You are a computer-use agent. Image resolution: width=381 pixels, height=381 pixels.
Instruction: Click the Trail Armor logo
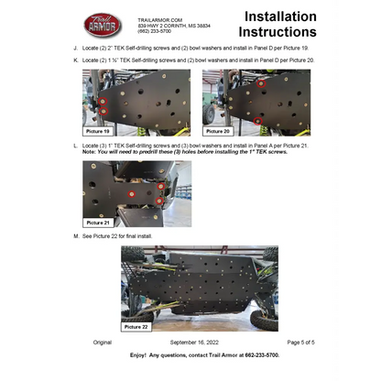[103, 24]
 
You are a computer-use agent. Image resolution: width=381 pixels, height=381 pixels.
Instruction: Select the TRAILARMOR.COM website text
[160, 18]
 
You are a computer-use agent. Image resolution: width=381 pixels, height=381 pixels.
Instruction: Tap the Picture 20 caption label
[219, 132]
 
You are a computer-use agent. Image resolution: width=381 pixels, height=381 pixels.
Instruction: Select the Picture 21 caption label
[98, 222]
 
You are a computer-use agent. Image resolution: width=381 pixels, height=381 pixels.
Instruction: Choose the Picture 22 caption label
[136, 326]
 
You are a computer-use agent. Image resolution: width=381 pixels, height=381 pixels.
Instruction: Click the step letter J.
[75, 47]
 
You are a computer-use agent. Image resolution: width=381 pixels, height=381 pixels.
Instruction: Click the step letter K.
[75, 60]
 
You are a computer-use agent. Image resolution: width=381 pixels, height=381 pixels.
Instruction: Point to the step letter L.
[75, 146]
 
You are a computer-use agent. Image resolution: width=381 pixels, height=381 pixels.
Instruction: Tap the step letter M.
[75, 235]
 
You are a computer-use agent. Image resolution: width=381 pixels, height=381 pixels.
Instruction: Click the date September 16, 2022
[195, 342]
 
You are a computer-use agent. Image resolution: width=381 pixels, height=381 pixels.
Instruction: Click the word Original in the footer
[102, 342]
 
